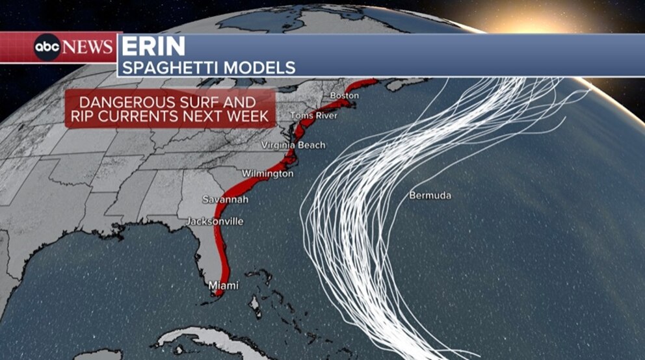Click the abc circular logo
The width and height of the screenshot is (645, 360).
[47, 47]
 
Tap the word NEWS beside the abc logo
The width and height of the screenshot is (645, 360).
[88, 47]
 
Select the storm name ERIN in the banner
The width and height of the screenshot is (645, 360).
[153, 47]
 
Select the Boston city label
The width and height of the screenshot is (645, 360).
[345, 96]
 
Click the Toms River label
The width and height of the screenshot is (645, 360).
[314, 116]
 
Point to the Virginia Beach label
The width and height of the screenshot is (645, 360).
[293, 145]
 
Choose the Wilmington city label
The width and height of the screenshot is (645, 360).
[267, 174]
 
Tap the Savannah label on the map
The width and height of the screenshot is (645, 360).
[225, 199]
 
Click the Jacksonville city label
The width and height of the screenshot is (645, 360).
[215, 222]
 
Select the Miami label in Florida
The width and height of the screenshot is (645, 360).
[223, 285]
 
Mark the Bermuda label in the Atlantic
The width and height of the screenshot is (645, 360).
[430, 195]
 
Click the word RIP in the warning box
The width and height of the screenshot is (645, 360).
[83, 117]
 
